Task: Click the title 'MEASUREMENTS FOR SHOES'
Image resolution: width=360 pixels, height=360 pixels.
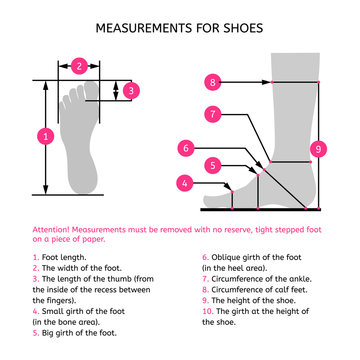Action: click(180, 28)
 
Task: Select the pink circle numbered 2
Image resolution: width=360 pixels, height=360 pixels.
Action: click(79, 66)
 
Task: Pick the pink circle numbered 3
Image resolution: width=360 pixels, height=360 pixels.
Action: click(132, 90)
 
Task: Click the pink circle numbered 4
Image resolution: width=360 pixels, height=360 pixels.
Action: click(184, 183)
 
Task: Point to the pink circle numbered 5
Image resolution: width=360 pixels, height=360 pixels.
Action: click(212, 164)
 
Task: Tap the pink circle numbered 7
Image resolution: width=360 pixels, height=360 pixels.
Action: click(213, 114)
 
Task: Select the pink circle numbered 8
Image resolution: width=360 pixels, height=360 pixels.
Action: click(213, 80)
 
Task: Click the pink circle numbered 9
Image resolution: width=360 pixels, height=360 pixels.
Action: click(318, 148)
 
